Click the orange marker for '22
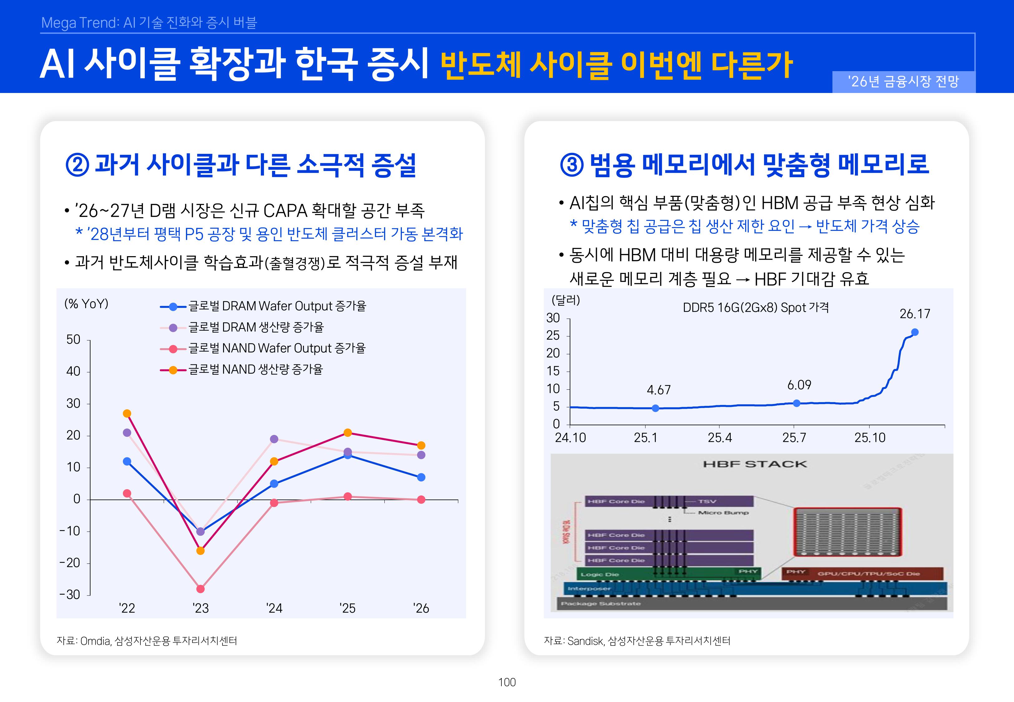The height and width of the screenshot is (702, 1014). coord(127,413)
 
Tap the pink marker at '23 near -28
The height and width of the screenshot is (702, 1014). coord(201,588)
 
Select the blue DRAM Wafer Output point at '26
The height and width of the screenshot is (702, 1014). coord(421,477)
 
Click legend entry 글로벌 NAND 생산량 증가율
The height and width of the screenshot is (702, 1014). coord(255,369)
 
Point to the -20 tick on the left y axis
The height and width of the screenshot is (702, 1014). coord(70,563)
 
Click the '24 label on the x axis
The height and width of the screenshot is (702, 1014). coord(274,608)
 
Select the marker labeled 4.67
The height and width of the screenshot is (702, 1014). coord(655,408)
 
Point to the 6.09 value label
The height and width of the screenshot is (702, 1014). coord(799,385)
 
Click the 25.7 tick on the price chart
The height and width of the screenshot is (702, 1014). coord(794,438)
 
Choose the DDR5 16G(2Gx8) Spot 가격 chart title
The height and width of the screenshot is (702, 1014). coord(755,307)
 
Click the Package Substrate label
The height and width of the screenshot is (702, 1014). coord(601,603)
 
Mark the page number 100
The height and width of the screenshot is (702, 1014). coord(507,682)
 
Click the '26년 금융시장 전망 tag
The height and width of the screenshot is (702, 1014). coord(903,82)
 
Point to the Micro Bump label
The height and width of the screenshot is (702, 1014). coord(723,512)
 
